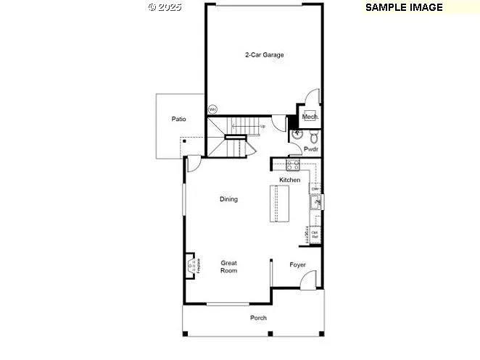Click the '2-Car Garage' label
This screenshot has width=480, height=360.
click(263, 54)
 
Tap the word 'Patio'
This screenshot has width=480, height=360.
click(178, 119)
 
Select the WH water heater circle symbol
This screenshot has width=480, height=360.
click(212, 109)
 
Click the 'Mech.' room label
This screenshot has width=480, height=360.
click(310, 117)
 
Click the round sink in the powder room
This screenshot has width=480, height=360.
click(296, 135)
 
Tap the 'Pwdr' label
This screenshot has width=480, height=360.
click(311, 150)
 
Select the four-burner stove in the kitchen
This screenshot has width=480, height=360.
click(282, 165)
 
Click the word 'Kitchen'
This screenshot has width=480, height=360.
click(289, 180)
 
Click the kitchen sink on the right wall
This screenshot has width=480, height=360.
click(316, 201)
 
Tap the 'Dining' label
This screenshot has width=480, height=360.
click(228, 199)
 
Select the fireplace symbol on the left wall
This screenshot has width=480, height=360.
click(191, 266)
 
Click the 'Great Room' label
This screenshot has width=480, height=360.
click(228, 267)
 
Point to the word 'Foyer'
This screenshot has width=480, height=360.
click(297, 264)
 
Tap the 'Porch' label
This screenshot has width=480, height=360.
click(258, 317)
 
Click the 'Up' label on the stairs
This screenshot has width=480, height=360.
click(262, 126)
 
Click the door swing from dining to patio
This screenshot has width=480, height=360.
click(194, 164)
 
